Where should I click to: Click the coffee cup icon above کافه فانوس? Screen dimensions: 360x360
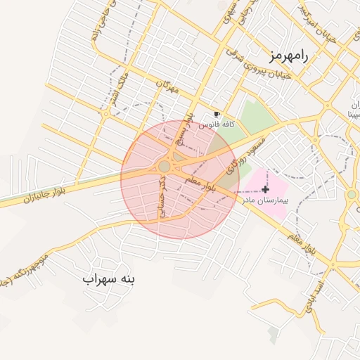point(217,114)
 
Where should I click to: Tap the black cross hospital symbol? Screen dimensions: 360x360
point(265,189)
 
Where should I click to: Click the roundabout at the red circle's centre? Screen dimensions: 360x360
point(165,166)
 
